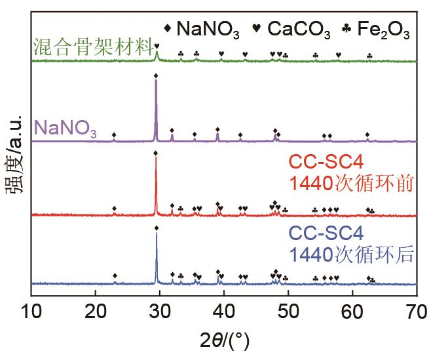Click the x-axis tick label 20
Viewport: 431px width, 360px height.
click(x=96, y=310)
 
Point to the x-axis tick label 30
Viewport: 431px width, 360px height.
click(x=160, y=310)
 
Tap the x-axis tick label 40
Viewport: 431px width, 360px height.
click(x=224, y=310)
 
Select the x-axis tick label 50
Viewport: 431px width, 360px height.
click(x=288, y=310)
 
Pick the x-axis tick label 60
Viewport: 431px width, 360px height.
click(x=353, y=310)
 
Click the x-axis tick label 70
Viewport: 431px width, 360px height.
click(x=417, y=310)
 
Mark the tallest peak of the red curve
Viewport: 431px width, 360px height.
click(x=155, y=159)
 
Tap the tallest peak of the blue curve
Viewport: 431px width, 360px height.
click(x=156, y=235)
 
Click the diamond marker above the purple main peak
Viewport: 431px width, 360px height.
click(x=155, y=76)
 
